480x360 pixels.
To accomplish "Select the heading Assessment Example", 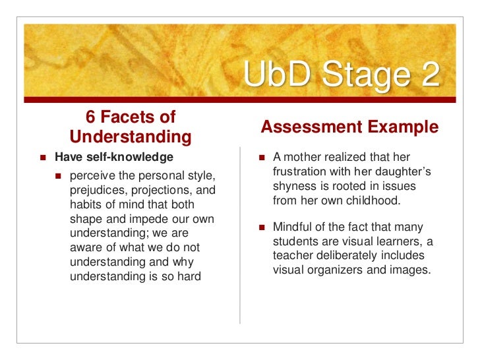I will click(349, 127).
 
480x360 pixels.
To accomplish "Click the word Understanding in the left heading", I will click(131, 137).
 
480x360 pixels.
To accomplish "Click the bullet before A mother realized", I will click(262, 158).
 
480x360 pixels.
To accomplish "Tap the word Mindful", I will click(294, 227).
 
